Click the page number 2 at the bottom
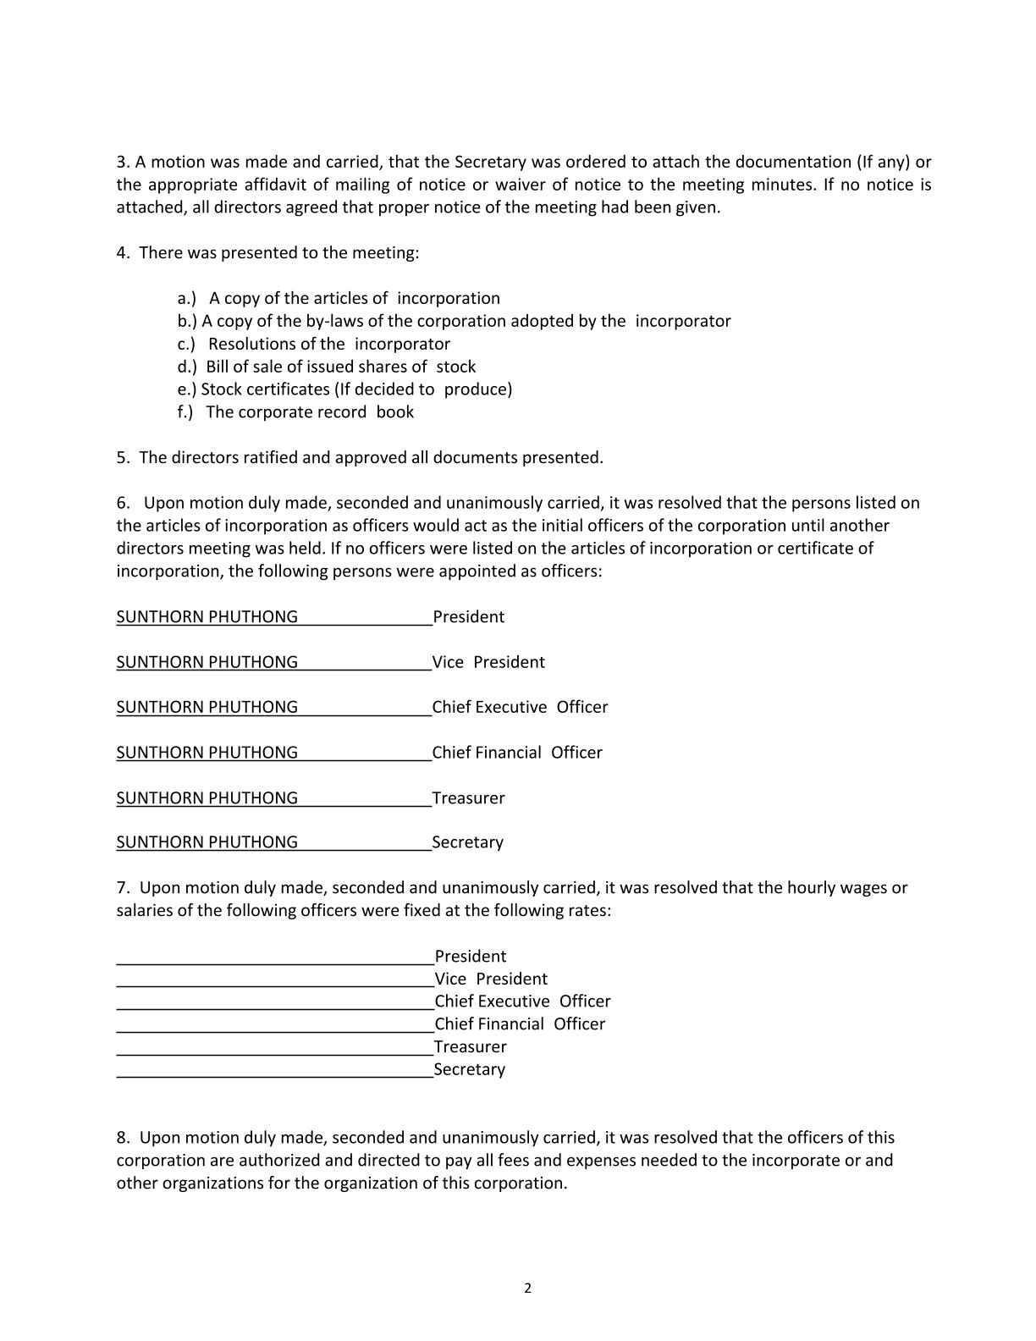(528, 1289)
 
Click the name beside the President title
(207, 617)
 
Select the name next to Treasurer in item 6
(207, 798)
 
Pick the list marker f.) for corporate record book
(185, 412)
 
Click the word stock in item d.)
(456, 367)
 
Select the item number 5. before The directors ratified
(123, 458)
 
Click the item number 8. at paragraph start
(123, 1138)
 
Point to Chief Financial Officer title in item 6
(517, 753)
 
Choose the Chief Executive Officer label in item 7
(522, 1002)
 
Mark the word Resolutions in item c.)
(251, 344)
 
